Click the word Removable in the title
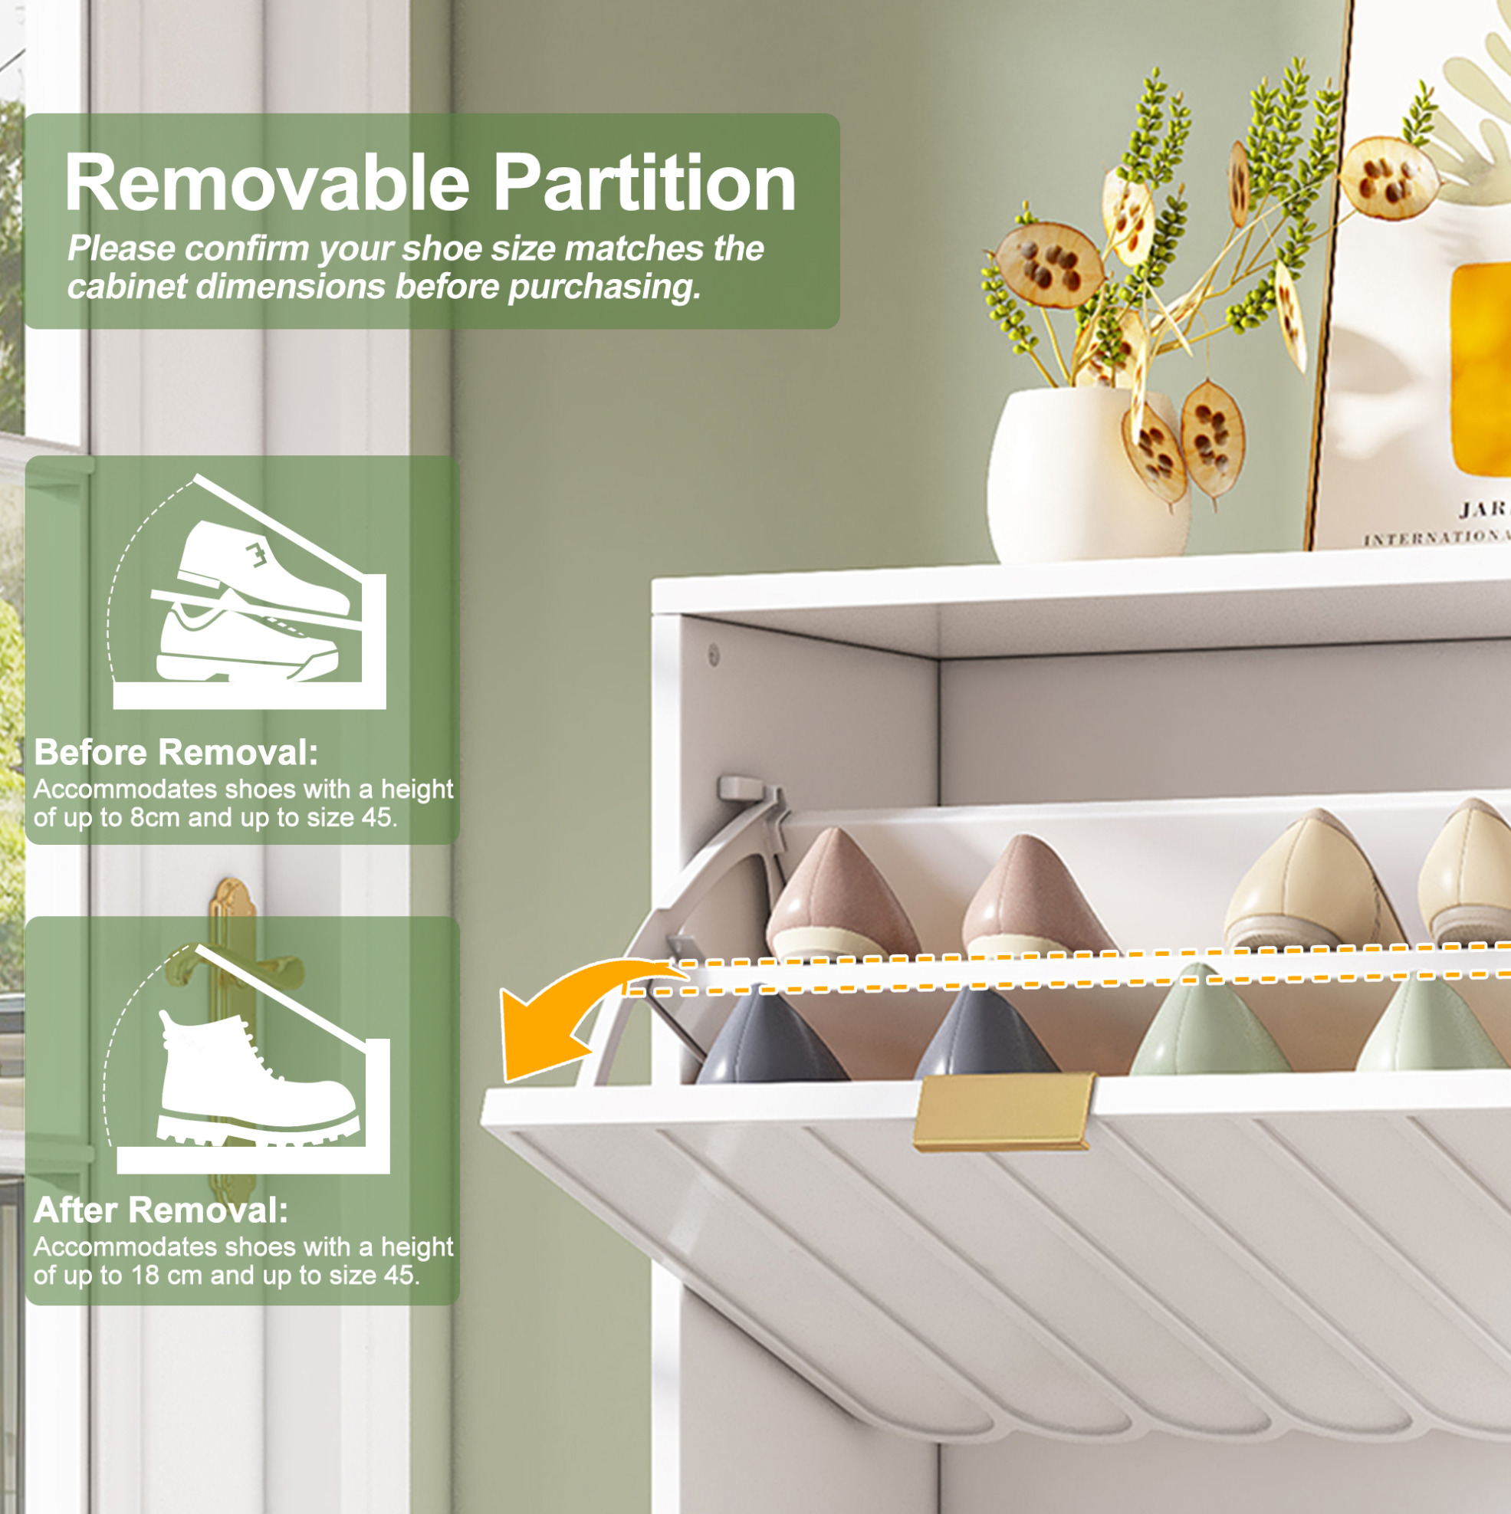tap(268, 182)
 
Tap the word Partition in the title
tap(644, 182)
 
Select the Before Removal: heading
tap(176, 752)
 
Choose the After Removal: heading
tap(162, 1210)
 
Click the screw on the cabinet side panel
tap(714, 652)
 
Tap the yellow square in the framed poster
tap(1480, 368)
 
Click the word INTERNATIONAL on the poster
tap(1436, 537)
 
